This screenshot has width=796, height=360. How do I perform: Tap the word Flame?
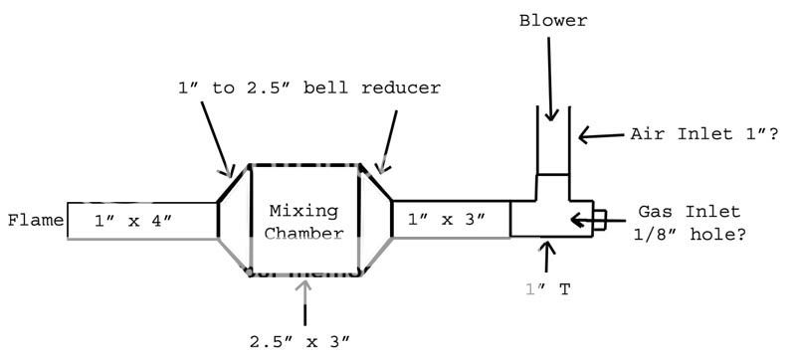tap(35, 220)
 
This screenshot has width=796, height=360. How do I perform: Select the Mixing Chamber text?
tap(303, 223)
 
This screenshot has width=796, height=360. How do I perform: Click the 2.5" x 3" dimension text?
tap(301, 341)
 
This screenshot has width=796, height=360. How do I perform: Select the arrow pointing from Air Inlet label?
tap(602, 134)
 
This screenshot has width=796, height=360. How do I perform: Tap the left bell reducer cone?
tap(233, 220)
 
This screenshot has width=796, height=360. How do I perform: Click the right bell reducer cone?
tap(376, 220)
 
